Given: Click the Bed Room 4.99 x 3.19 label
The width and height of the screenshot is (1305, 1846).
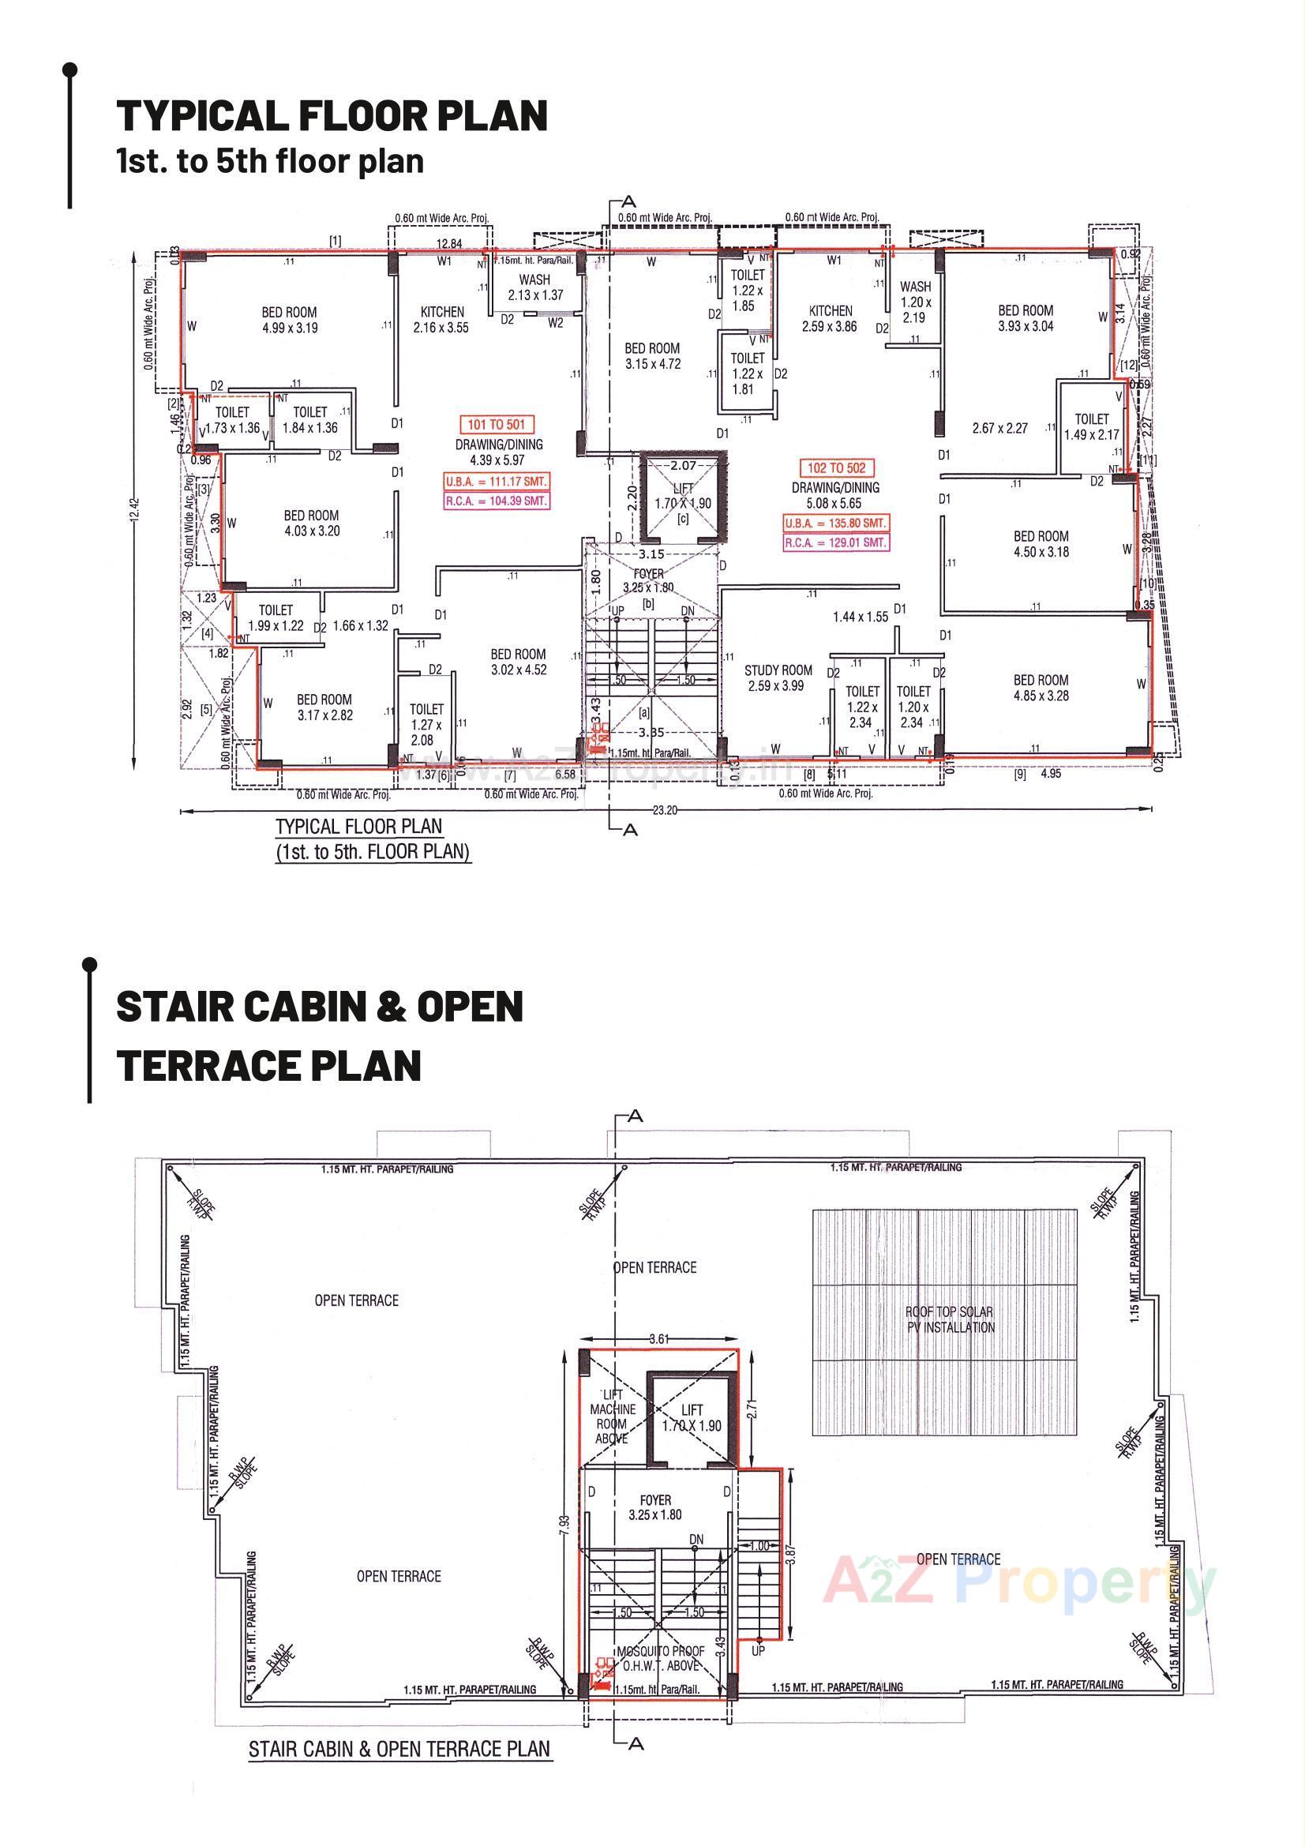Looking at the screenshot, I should tap(289, 319).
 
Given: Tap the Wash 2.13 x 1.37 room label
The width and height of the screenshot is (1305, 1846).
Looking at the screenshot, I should tap(534, 287).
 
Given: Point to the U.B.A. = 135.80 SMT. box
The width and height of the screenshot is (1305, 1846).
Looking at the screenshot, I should tap(836, 523).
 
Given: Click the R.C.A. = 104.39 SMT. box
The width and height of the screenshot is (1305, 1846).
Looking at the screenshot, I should tap(496, 500).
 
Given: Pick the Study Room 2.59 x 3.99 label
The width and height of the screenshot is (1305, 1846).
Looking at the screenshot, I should tap(778, 677).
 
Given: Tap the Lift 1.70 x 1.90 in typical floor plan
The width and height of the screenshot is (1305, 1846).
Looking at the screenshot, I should tap(683, 496).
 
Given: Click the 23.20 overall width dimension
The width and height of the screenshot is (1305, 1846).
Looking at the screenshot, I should tap(666, 811).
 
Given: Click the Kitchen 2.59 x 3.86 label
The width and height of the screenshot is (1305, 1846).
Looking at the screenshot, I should tap(831, 318).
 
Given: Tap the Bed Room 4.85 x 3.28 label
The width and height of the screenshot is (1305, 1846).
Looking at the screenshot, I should tap(1041, 688).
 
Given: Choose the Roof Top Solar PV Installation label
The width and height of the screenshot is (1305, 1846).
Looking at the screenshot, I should tap(950, 1320).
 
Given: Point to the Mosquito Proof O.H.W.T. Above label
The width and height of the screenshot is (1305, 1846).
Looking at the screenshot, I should tap(660, 1659).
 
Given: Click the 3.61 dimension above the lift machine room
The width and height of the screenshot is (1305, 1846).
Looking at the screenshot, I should tap(658, 1339).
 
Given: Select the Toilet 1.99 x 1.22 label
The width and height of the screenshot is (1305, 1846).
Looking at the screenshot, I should tap(276, 617).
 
